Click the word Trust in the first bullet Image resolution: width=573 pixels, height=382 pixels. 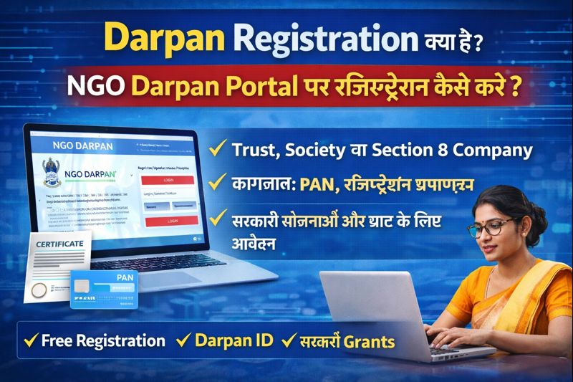click(256, 151)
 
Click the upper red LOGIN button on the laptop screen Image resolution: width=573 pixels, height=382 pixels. click(169, 181)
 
